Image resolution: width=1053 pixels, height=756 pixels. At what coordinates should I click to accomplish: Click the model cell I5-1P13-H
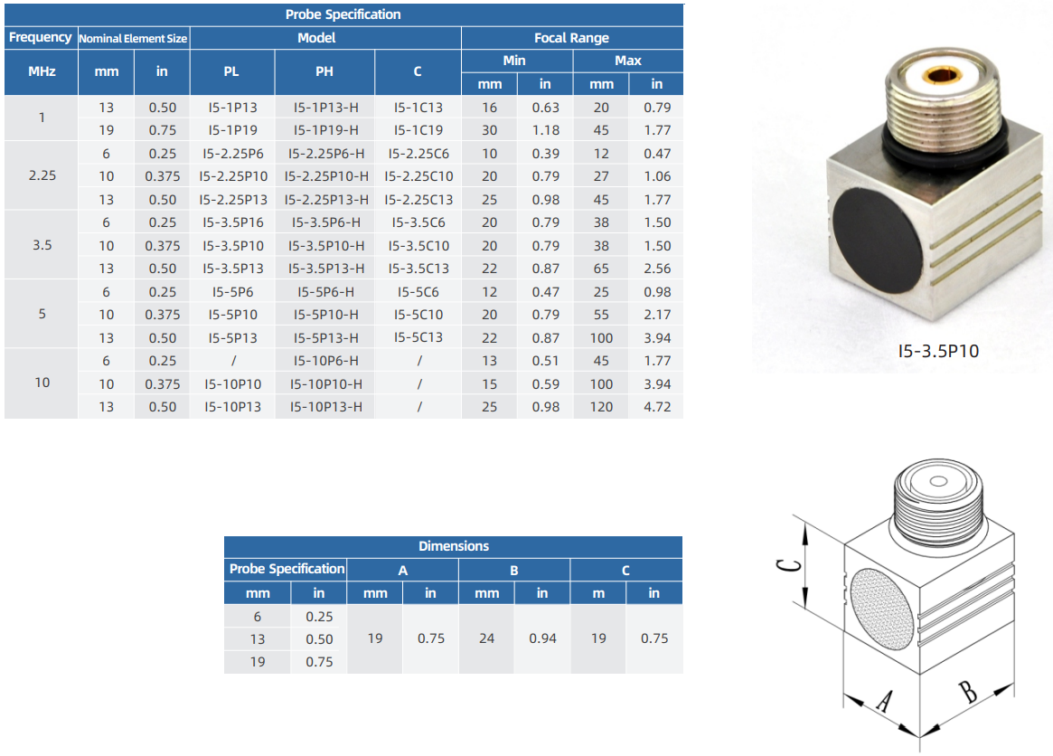tap(325, 108)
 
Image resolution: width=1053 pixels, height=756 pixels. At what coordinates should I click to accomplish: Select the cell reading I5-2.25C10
tap(418, 176)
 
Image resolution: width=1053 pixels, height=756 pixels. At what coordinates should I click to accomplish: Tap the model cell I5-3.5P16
tap(233, 222)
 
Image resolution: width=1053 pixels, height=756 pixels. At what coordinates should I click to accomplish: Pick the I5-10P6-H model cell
tap(325, 361)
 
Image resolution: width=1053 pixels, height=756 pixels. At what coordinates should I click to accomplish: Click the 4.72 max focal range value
tap(657, 407)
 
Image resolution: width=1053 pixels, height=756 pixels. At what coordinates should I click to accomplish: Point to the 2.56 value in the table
tap(657, 269)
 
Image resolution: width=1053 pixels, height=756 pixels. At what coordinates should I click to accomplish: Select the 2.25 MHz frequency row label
tap(42, 175)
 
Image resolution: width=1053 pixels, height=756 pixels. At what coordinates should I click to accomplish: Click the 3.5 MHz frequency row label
tap(42, 245)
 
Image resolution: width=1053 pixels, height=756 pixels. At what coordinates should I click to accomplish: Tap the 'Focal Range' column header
tap(571, 38)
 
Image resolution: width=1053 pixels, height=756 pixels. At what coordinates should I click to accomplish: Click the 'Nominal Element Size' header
tap(133, 38)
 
